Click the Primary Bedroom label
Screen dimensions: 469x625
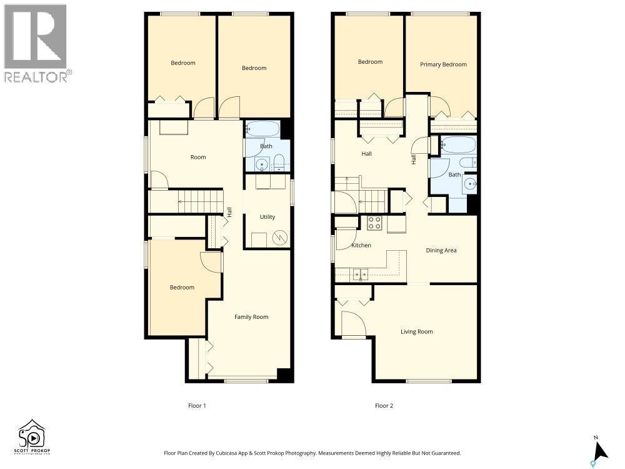(x=443, y=64)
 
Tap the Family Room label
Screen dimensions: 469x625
(x=251, y=317)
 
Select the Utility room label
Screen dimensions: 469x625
(x=267, y=217)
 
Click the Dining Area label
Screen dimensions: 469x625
(x=441, y=250)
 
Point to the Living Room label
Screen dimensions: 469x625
(x=416, y=332)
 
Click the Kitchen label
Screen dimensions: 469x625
(x=361, y=246)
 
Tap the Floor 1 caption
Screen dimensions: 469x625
(x=197, y=406)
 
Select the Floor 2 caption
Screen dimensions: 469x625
(x=384, y=406)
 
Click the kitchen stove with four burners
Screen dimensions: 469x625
(x=374, y=223)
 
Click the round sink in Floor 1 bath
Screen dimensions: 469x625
(x=261, y=164)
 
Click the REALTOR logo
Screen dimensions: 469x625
(x=36, y=44)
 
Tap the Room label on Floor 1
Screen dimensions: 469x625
(x=198, y=157)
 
